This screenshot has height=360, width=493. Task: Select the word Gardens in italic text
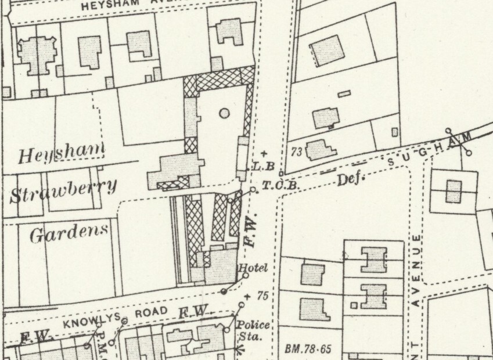click(69, 233)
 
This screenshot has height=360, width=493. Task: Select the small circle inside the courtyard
click(224, 113)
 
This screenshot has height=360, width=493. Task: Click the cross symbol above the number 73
click(264, 153)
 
